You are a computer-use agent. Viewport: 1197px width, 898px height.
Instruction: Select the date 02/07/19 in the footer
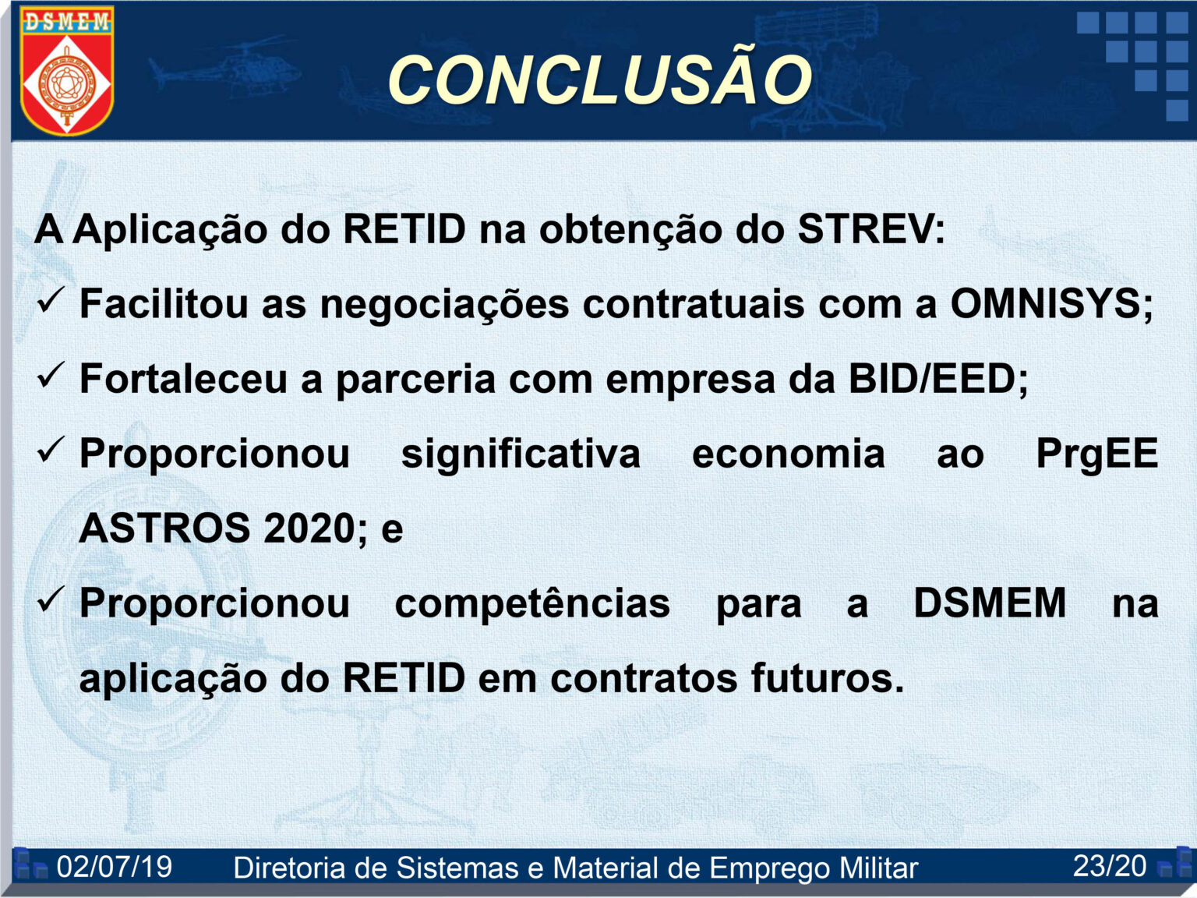115,866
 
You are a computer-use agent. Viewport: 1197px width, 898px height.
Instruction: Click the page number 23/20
1109,865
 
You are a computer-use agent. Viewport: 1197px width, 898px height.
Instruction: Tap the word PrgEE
1096,454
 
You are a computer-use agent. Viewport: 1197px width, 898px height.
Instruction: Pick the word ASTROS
164,528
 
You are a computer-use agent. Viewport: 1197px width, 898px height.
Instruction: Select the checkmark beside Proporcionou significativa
51,450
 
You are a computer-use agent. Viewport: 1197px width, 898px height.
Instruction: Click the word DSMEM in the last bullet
990,603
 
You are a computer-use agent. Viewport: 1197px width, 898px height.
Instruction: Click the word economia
788,454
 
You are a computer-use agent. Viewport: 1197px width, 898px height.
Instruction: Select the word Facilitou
164,303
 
